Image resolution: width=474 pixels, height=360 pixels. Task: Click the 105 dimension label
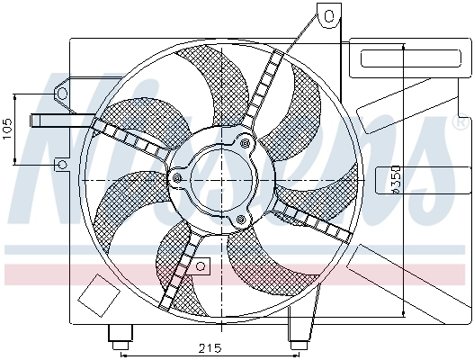tap(7, 129)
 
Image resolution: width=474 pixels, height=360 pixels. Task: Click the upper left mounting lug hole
tap(61, 93)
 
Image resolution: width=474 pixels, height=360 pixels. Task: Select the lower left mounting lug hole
tap(60, 165)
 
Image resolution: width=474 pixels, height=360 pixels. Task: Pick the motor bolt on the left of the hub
tap(177, 179)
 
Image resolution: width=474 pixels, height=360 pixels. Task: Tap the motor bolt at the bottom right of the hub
tap(240, 220)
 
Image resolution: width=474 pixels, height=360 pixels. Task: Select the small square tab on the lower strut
tap(202, 265)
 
